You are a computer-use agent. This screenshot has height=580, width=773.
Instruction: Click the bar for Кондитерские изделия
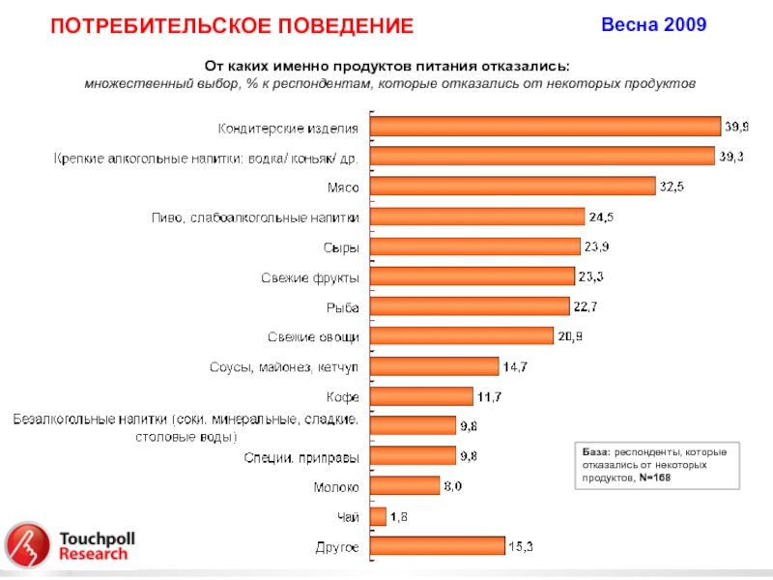[x=546, y=127]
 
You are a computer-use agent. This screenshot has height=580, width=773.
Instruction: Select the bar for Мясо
[x=511, y=187]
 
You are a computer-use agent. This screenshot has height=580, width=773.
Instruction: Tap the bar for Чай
[x=379, y=517]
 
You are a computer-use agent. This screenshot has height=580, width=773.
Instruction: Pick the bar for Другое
[x=438, y=547]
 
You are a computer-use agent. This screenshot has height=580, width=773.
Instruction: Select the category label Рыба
[x=342, y=307]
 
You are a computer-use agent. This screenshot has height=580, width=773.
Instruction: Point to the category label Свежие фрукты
[x=310, y=277]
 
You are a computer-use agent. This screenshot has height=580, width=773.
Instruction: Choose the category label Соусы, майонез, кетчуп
[x=284, y=367]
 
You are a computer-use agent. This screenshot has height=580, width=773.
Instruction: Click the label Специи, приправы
[x=301, y=457]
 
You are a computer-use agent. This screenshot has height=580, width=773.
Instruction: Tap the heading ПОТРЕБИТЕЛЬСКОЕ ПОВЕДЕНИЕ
[x=232, y=26]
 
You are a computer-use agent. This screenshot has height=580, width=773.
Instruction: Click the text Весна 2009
[x=654, y=24]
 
